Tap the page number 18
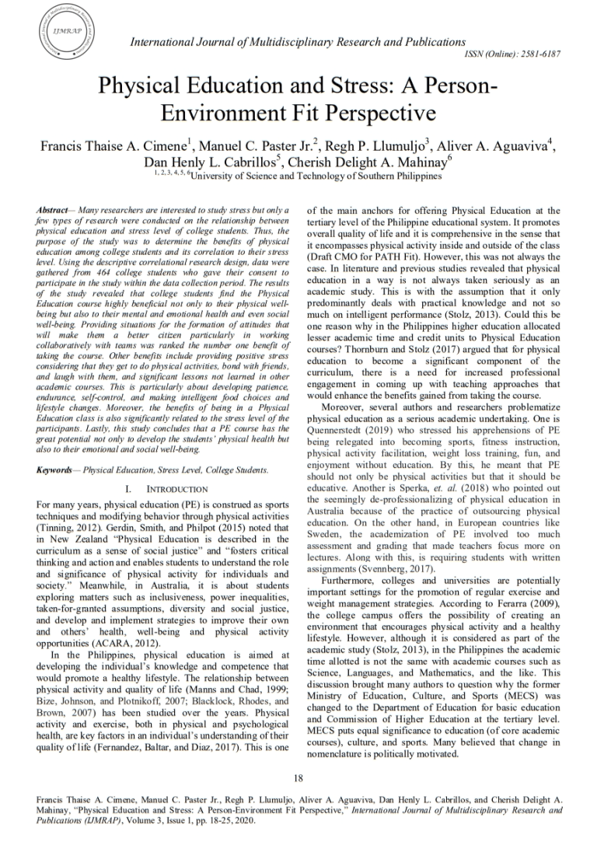298,778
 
